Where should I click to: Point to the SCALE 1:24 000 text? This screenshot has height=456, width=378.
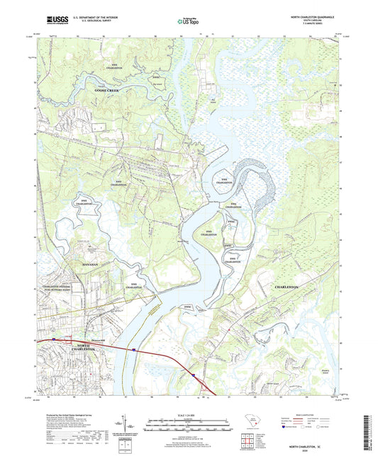pos(188,414)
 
